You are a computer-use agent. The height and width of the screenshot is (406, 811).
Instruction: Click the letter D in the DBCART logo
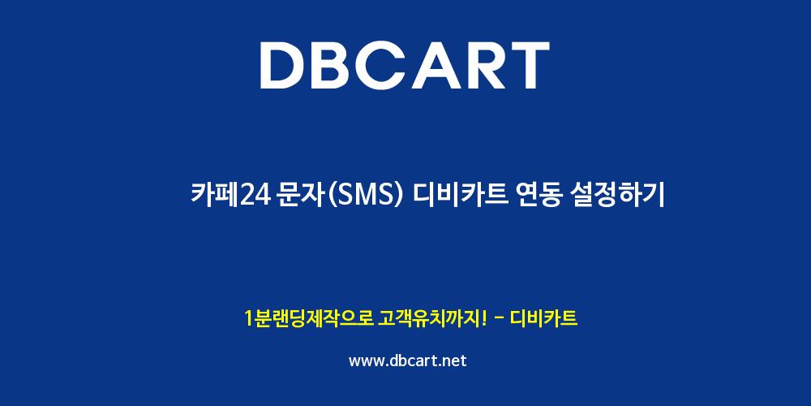tap(283, 66)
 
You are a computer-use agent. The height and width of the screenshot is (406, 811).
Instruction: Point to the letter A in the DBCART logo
tap(436, 66)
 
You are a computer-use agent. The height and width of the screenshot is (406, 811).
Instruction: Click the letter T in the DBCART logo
tap(528, 66)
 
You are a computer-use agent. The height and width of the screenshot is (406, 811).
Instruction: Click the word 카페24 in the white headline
tap(230, 196)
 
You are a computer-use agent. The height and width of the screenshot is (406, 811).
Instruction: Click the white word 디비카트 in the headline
tap(462, 196)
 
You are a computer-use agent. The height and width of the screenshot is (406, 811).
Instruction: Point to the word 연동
tap(539, 196)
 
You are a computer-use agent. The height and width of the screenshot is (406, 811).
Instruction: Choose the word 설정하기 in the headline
tap(616, 196)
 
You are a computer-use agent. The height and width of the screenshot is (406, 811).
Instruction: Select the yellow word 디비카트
tap(543, 318)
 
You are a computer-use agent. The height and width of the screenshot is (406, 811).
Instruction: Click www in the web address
tap(366, 361)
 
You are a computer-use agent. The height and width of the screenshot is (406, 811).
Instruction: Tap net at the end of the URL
tap(455, 361)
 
